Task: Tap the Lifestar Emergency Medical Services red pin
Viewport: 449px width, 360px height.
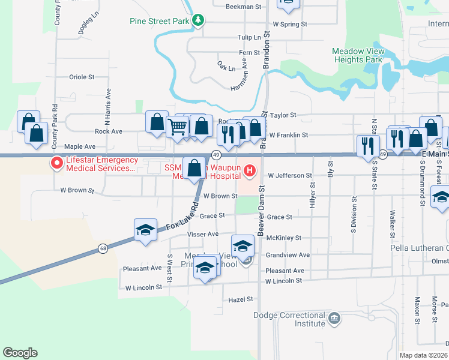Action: [57, 163]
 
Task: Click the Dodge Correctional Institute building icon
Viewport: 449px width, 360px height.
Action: [335, 318]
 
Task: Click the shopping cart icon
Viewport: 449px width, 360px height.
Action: [178, 127]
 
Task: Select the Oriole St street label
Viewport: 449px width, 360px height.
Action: [82, 77]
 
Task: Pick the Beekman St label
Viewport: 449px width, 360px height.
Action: [244, 7]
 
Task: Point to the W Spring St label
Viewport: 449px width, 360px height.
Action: [290, 25]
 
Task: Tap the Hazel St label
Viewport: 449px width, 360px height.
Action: [238, 299]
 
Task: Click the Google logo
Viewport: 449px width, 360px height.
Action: [19, 353]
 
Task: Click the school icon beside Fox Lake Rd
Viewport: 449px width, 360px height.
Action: [145, 231]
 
